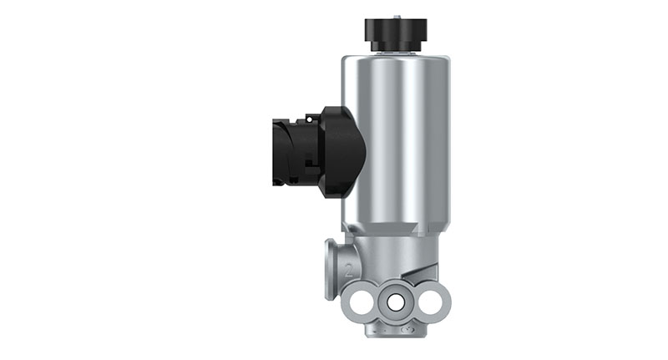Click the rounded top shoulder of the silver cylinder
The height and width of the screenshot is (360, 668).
tap(396, 60)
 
